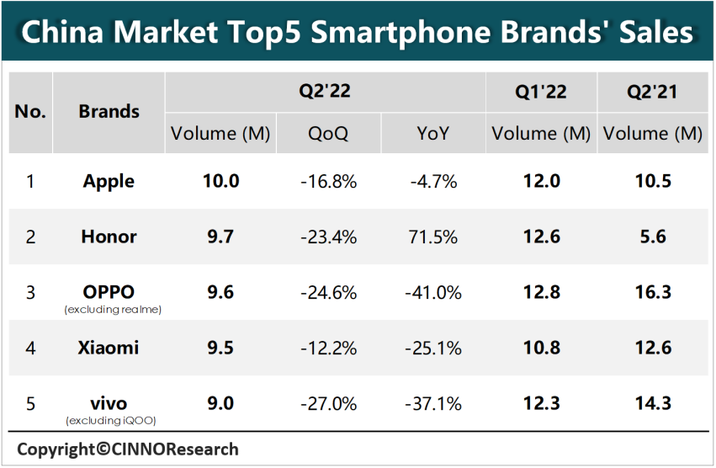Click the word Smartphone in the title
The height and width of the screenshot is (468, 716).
click(x=395, y=32)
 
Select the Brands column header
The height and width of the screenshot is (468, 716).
click(x=109, y=112)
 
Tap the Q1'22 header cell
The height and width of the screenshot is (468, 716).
click(x=541, y=92)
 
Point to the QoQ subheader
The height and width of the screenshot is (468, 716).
click(x=328, y=133)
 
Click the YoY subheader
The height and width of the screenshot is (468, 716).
click(x=433, y=133)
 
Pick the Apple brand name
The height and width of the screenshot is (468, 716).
click(x=109, y=181)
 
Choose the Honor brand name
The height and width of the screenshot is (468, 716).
click(x=109, y=237)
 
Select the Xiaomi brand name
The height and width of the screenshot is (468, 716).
click(x=109, y=348)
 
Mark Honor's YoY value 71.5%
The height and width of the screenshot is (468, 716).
click(x=433, y=237)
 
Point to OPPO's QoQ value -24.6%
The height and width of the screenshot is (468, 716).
click(x=328, y=292)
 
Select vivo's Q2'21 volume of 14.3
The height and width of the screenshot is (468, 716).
click(x=653, y=403)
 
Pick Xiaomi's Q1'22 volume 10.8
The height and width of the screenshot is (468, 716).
click(x=541, y=348)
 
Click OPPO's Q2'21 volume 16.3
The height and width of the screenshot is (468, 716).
click(x=653, y=292)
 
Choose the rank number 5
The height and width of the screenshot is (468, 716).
click(x=31, y=403)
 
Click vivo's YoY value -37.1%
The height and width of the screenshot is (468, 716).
click(x=433, y=403)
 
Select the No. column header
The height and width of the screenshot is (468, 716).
click(x=31, y=112)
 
